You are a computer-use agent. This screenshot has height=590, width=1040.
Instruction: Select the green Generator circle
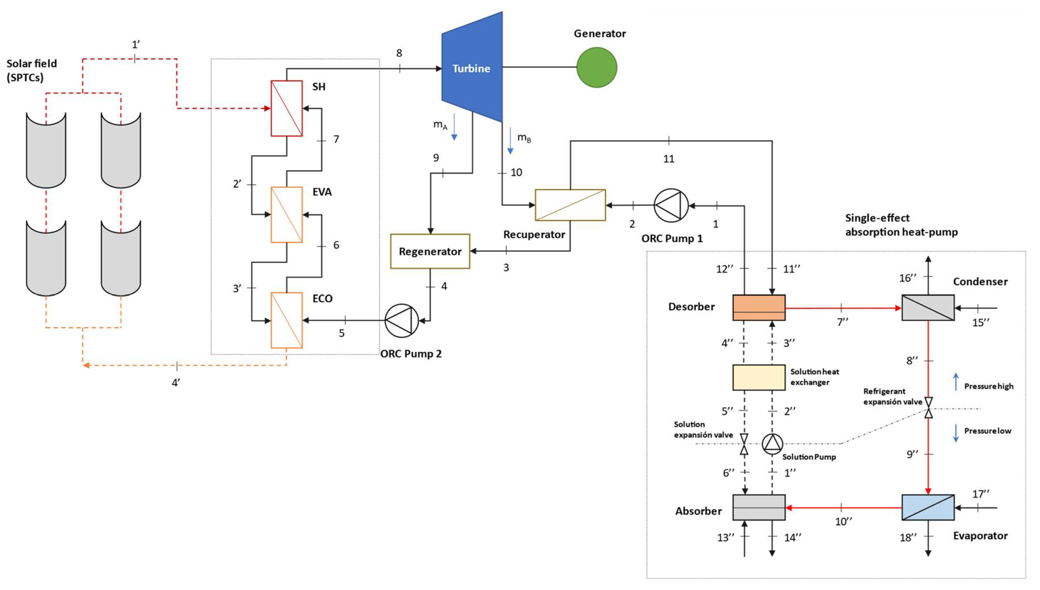597,67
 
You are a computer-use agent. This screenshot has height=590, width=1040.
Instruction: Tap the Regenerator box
430,251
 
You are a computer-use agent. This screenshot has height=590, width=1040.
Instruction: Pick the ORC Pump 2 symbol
401,320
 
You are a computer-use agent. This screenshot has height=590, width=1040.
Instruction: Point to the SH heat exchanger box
286,108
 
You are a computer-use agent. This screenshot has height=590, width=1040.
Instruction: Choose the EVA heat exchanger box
286,214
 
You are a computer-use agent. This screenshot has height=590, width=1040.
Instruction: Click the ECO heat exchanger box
286,320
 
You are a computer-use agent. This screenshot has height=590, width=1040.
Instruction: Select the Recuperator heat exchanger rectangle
570,205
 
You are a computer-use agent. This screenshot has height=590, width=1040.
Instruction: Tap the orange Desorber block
758,308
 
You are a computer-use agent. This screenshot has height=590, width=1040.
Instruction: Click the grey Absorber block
758,507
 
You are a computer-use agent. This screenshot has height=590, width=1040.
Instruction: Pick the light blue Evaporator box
928,507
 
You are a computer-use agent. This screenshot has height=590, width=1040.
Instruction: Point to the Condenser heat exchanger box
928,308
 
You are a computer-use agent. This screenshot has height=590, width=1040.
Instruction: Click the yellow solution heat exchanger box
758,377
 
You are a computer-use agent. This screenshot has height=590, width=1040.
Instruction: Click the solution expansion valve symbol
744,444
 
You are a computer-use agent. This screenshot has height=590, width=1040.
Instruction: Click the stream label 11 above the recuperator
669,159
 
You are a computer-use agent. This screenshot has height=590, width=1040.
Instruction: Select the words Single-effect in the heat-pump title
877,218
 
